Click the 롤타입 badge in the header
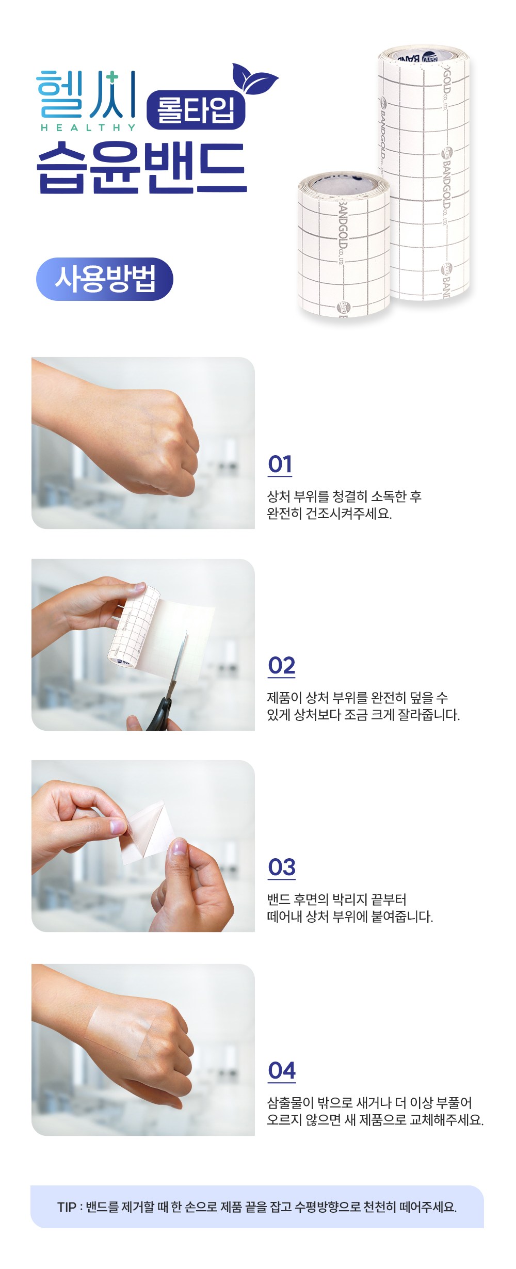[196, 109]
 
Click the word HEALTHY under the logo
[88, 127]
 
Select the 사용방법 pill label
[105, 279]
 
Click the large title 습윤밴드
[141, 168]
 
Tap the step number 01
[280, 464]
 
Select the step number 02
[282, 666]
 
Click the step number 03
[282, 868]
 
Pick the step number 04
[282, 1071]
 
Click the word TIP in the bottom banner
[67, 1207]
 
